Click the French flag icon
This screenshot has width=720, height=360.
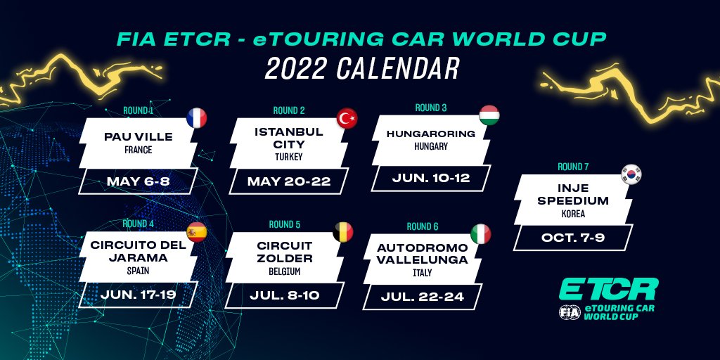197,118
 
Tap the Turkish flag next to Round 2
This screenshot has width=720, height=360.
347,118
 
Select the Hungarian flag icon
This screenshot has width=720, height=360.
489,115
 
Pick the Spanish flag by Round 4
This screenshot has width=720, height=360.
197,232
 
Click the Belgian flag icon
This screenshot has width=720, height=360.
343,232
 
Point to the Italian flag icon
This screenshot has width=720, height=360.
481,234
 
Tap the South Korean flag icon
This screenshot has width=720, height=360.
631,174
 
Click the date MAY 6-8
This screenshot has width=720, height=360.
139,181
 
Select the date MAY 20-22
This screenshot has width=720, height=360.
289,181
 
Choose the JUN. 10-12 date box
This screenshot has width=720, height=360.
431,178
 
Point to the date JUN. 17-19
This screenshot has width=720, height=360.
139,295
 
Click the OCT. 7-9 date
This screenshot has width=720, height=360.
573,238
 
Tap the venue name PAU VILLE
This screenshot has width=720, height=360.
139,137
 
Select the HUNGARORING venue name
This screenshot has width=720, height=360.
431,134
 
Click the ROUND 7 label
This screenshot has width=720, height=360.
573,167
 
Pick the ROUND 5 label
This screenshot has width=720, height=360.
285,224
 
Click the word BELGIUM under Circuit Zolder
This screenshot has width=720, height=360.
285,271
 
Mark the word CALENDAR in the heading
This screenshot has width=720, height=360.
398,68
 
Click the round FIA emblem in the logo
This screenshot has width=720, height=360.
570,312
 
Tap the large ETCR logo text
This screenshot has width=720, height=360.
609,289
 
